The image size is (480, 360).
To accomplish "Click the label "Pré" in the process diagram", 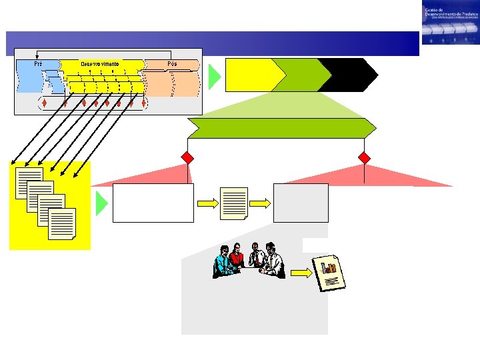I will coord(38,64).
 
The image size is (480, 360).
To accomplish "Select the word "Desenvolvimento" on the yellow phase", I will coord(100,64).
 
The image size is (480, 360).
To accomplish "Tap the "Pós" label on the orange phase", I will coord(173,64).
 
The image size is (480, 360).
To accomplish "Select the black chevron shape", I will coord(347,74).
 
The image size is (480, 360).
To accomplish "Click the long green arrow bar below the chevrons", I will coord(280,128).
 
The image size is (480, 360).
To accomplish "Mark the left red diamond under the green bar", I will coord(188,158).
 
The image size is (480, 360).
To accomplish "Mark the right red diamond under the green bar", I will coord(364,158).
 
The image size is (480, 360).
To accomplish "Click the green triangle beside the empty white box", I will coord(101,203).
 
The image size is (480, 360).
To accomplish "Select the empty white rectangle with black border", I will coord(153,203).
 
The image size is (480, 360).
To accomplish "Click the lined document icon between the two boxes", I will coord(234,203).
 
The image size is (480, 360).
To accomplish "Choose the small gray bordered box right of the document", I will coord(301,203).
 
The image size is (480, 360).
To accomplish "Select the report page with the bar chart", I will coord(331,271).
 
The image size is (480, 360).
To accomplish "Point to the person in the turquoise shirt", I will coord(223,261).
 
